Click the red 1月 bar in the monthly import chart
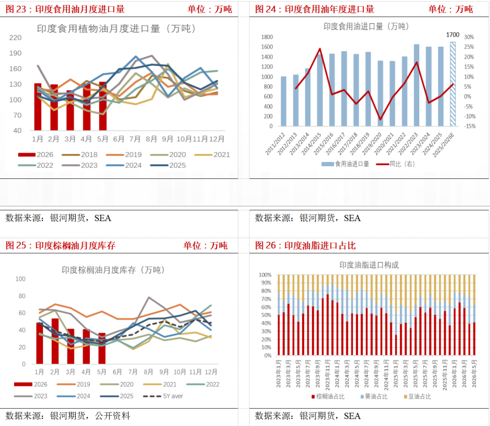click(x=38, y=107)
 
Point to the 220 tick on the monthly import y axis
click(x=15, y=38)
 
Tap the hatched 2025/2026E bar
click(x=452, y=84)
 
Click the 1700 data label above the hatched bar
click(x=452, y=34)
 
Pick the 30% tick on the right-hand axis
click(x=469, y=37)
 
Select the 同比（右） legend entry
click(x=395, y=164)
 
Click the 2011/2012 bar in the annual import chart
click(x=284, y=101)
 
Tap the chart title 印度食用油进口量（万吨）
click(x=366, y=27)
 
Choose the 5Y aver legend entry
click(x=163, y=396)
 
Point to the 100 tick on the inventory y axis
click(x=20, y=279)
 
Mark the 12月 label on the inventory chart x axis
click(x=211, y=372)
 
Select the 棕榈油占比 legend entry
click(x=328, y=397)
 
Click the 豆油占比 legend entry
click(x=417, y=397)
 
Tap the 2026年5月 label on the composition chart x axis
click(x=474, y=374)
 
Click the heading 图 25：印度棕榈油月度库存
click(x=60, y=245)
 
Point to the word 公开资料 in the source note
click(x=113, y=416)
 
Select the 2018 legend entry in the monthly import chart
click(x=80, y=155)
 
